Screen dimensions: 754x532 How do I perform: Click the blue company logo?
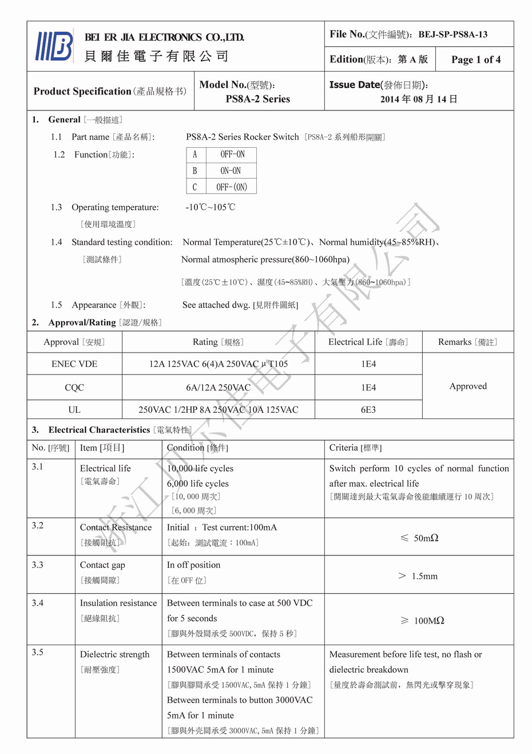pyautogui.click(x=54, y=46)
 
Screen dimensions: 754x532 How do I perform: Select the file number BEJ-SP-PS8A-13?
pyautogui.click(x=452, y=34)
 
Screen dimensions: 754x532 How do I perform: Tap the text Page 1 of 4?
pyautogui.click(x=475, y=60)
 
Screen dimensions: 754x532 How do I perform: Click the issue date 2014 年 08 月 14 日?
pyautogui.click(x=419, y=99)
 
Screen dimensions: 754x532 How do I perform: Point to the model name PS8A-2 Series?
pyautogui.click(x=257, y=99)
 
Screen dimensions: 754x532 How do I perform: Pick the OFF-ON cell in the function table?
pyautogui.click(x=232, y=155)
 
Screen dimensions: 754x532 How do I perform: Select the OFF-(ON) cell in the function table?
pyautogui.click(x=232, y=187)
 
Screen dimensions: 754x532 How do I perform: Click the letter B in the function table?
pyautogui.click(x=194, y=171)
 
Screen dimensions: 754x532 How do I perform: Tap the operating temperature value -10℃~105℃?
pyautogui.click(x=210, y=207)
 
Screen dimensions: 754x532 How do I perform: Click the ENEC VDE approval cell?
pyautogui.click(x=74, y=364)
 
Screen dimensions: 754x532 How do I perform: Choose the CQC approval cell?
pyautogui.click(x=74, y=388)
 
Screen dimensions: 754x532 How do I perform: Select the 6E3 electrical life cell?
pyautogui.click(x=368, y=410)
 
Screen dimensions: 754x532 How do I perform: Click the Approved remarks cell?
pyautogui.click(x=468, y=386)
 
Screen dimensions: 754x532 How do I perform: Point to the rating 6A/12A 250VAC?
pyautogui.click(x=218, y=388)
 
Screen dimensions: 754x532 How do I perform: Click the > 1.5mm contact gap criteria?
pyautogui.click(x=418, y=576)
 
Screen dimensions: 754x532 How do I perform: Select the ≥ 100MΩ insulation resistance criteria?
pyautogui.click(x=422, y=621)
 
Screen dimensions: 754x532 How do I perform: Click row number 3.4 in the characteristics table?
pyautogui.click(x=38, y=603)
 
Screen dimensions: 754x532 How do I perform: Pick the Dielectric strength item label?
pyautogui.click(x=114, y=654)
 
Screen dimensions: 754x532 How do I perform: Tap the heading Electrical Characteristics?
pyautogui.click(x=99, y=430)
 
